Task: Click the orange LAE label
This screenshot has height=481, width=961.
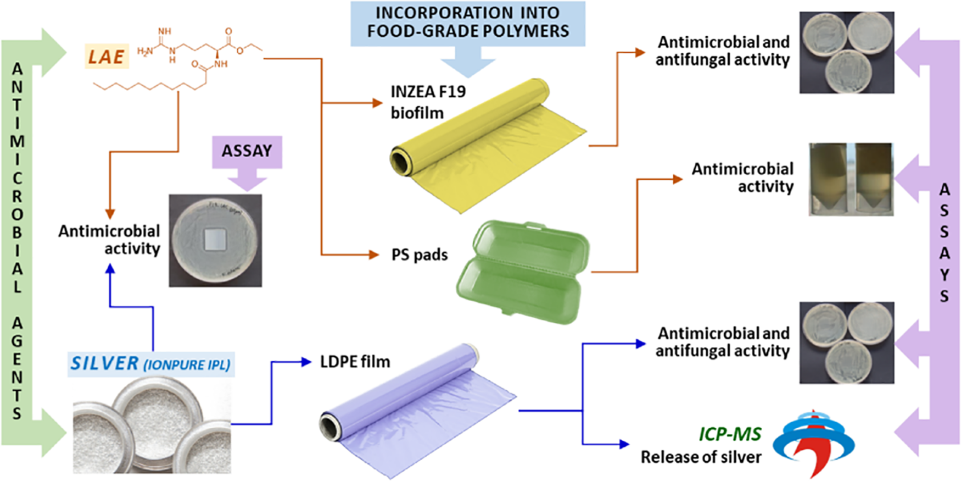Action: point(107,57)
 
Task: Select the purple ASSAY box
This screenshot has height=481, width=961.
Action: point(247,151)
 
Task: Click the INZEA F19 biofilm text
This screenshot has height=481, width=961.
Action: point(428,102)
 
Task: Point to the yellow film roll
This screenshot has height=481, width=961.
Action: point(483,143)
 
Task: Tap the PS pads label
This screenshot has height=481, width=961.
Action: point(419,255)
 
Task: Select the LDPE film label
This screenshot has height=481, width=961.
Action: point(355,362)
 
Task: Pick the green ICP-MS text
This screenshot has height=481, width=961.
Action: point(730,434)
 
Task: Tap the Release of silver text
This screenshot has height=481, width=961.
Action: point(701,457)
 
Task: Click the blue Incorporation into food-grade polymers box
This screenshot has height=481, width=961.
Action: point(468,23)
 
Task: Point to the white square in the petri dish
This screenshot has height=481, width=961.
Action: point(215,240)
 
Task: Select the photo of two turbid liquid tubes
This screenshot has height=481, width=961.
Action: point(851,179)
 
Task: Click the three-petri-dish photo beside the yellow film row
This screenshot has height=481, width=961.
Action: point(846,53)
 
